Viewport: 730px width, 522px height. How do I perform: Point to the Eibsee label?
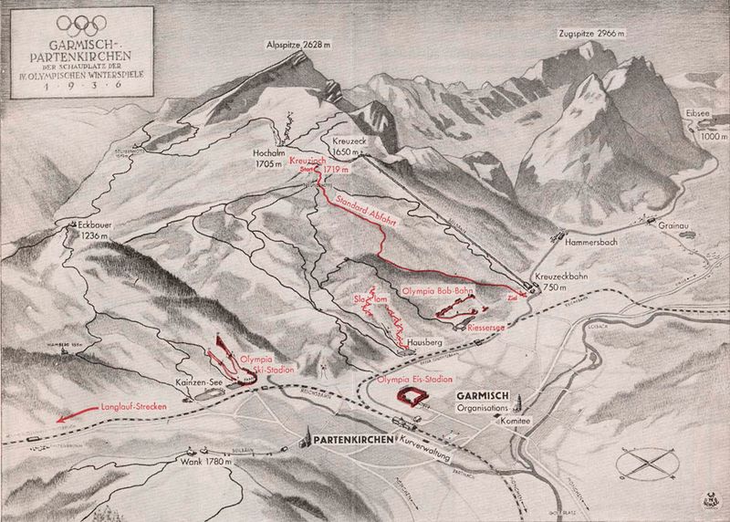[x=695, y=116]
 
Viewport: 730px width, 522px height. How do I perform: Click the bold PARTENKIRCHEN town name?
[x=354, y=440]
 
